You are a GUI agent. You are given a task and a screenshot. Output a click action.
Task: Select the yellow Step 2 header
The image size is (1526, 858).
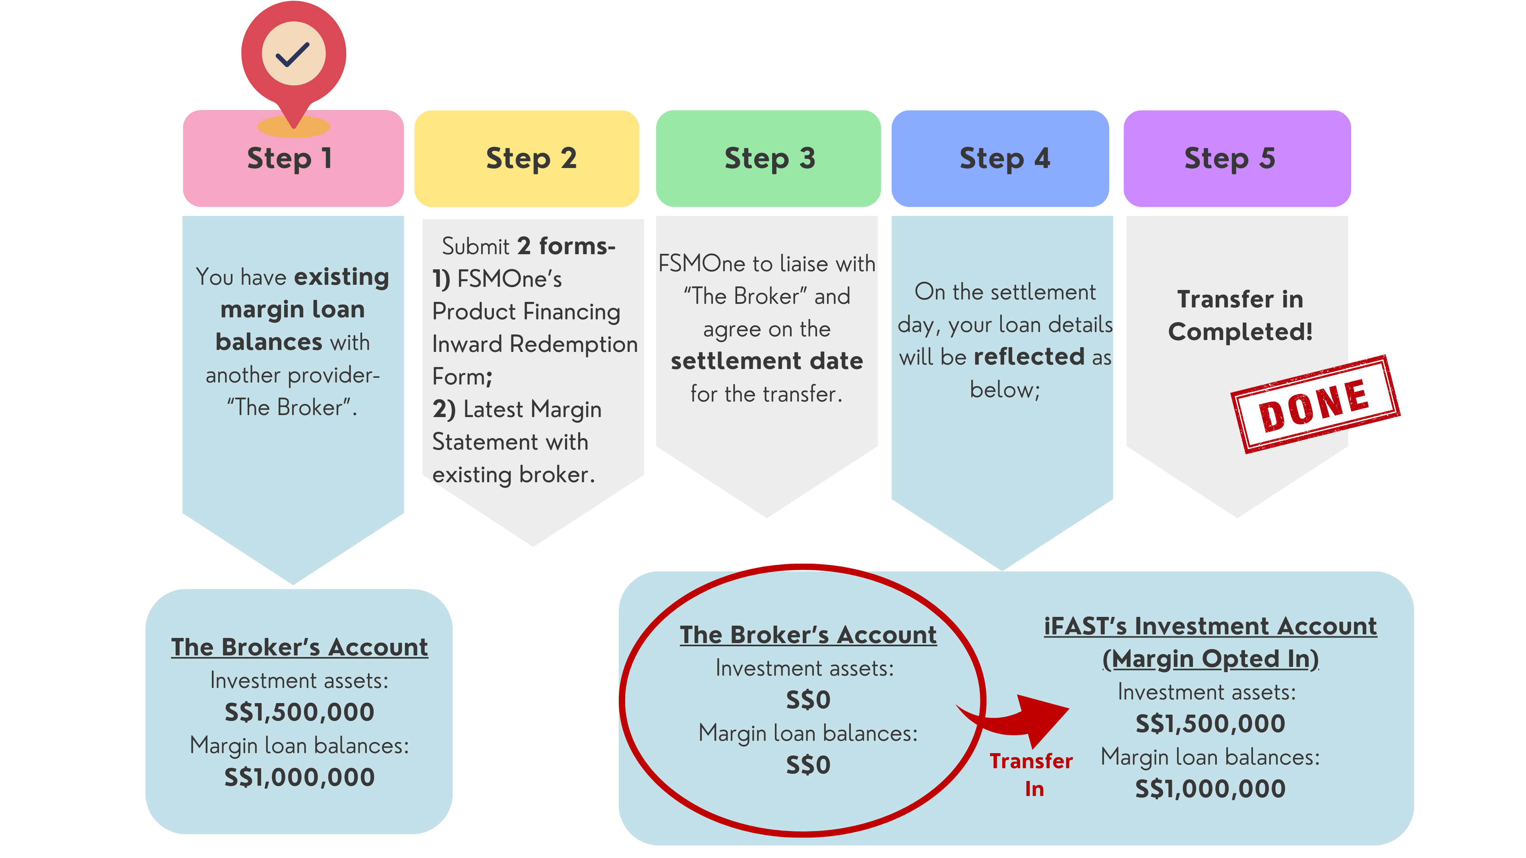point(527,159)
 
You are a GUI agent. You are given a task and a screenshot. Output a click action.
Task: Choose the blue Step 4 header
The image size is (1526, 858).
point(1001,159)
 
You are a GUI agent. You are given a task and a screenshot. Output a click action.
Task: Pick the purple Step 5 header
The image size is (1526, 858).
point(1237,159)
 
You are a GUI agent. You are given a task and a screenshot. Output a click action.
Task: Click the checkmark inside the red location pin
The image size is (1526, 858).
point(293,54)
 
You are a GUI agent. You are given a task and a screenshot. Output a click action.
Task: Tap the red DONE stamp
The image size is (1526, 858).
point(1315,405)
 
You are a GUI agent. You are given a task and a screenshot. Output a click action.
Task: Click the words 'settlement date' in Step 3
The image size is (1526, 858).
point(767,361)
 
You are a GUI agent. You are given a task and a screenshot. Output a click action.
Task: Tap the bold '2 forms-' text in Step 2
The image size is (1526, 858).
point(566,246)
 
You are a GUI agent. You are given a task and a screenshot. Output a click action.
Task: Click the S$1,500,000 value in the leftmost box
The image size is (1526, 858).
point(299,712)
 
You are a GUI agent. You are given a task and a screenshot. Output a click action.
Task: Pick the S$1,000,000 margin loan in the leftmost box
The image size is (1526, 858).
point(299,777)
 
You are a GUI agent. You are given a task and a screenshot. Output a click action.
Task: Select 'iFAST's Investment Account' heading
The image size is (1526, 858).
point(1210,626)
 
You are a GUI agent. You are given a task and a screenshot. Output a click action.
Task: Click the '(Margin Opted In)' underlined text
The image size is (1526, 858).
point(1210,659)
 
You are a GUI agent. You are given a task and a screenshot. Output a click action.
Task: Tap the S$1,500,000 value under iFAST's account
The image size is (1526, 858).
point(1210,724)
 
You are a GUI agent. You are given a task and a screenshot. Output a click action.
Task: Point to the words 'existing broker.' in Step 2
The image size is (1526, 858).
point(513,475)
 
